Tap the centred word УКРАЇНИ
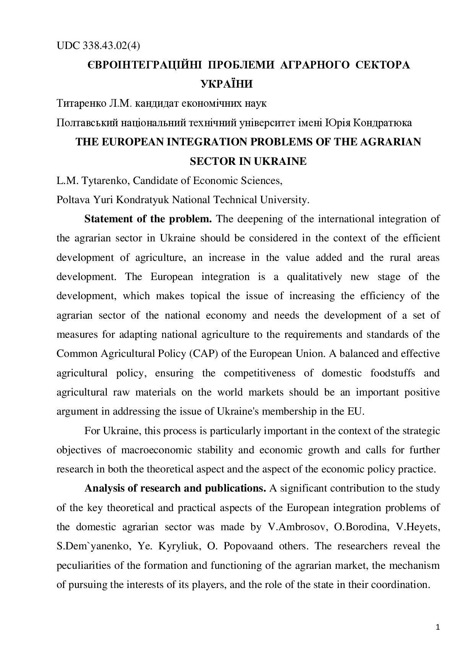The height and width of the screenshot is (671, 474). [x=227, y=84]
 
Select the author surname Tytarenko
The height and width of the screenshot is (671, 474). [x=105, y=181]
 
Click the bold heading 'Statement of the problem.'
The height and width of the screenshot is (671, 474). [x=148, y=219]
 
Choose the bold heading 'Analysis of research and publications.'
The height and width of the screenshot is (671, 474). [x=175, y=489]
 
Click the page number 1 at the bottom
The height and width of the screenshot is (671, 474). [x=438, y=628]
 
